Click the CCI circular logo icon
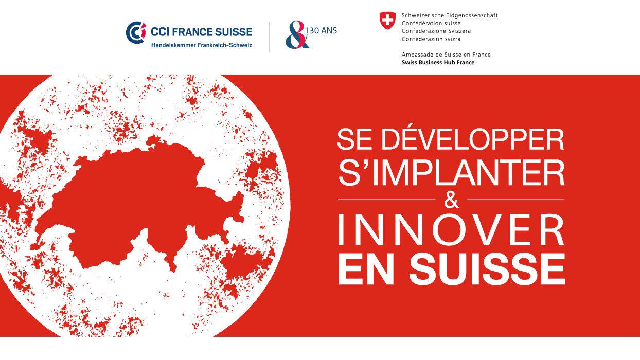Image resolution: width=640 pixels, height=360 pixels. [x=136, y=32]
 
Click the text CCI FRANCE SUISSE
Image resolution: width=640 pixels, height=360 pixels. [x=202, y=32]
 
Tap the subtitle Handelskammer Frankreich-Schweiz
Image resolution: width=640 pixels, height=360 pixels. [x=202, y=45]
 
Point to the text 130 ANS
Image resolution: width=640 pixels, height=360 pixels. [x=321, y=30]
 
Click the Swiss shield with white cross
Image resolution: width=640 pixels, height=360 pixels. [x=387, y=21]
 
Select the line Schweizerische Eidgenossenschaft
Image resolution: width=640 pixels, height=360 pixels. [x=450, y=15]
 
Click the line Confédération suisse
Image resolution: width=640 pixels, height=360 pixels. [x=431, y=23]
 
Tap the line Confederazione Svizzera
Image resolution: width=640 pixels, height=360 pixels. [x=436, y=31]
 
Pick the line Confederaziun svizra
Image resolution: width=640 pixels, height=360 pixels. [x=431, y=39]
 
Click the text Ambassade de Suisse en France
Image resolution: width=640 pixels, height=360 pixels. [x=446, y=55]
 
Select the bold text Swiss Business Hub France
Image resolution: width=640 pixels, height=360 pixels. [x=438, y=62]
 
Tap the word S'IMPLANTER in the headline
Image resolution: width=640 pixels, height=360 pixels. [x=451, y=173]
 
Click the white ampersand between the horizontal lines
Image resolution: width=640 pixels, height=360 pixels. [x=451, y=200]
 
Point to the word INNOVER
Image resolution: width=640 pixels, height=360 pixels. [x=451, y=230]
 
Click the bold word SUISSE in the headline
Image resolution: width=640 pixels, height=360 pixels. [x=487, y=269]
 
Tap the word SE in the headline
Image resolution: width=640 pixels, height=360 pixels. [x=354, y=139]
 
